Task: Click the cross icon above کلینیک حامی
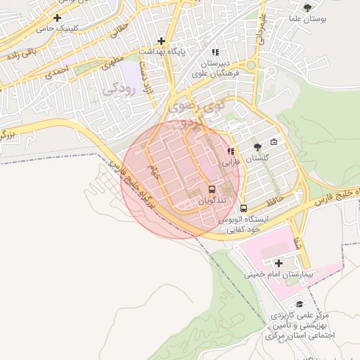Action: (57, 18)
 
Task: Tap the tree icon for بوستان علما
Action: (307, 7)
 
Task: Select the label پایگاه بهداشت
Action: (161, 52)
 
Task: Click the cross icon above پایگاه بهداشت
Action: (162, 41)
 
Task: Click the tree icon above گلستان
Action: (257, 147)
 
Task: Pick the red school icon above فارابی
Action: (231, 151)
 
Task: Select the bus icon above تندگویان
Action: (212, 190)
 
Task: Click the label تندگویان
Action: (212, 201)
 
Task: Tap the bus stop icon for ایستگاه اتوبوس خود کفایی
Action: (244, 208)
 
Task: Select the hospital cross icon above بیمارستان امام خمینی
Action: (278, 262)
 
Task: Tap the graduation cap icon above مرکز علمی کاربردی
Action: (301, 304)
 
